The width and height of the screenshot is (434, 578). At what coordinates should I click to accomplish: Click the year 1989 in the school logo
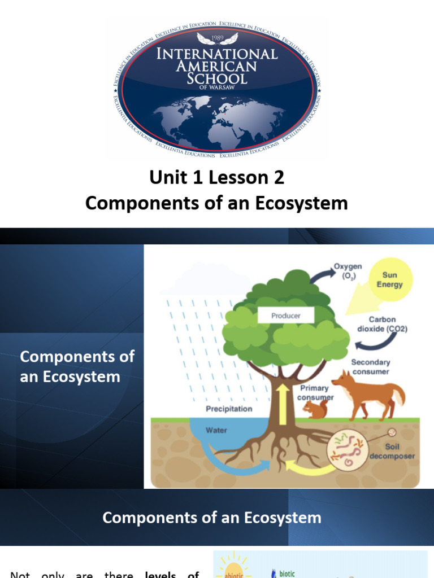(x=217, y=39)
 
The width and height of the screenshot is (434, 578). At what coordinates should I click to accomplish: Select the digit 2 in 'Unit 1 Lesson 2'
(x=277, y=178)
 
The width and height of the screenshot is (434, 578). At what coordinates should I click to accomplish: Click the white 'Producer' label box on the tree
(x=286, y=316)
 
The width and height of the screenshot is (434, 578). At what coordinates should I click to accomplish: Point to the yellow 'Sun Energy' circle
(x=390, y=280)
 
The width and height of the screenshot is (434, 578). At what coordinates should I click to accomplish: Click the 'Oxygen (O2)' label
(x=348, y=270)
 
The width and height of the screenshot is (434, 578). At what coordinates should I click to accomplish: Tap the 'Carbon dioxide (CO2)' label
(x=382, y=324)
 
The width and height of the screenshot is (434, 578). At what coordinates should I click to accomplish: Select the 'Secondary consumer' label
(x=371, y=367)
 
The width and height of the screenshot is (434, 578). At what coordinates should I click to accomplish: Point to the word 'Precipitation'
(x=229, y=408)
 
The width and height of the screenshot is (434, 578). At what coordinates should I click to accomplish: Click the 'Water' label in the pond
(x=216, y=430)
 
